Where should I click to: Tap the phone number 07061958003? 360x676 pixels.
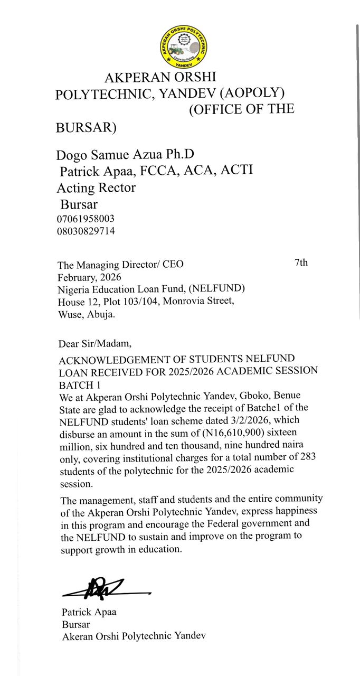pos(86,219)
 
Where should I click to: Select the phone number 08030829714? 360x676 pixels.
pos(86,231)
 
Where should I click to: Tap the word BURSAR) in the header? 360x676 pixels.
pos(86,128)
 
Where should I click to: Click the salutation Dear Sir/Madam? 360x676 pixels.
pos(94,344)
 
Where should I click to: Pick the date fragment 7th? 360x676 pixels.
pos(301,262)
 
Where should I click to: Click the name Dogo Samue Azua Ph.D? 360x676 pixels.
pos(125,155)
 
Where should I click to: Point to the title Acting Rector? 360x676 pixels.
pos(96,188)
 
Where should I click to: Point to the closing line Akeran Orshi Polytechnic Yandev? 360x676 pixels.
pos(134,636)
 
